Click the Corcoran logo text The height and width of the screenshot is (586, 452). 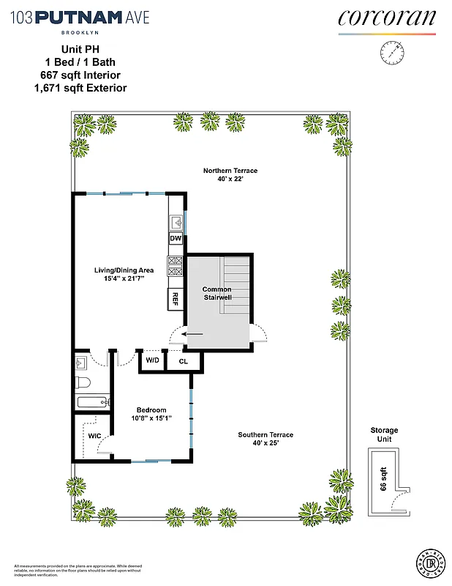click(x=387, y=18)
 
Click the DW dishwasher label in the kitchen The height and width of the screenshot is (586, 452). click(x=176, y=239)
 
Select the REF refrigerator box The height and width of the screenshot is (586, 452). click(x=176, y=297)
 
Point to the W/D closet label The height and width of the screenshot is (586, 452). click(x=152, y=360)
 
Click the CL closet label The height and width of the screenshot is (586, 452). click(x=183, y=360)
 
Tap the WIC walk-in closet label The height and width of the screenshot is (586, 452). click(x=94, y=436)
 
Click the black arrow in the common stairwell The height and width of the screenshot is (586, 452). click(x=193, y=334)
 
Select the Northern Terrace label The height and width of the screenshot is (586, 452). click(x=230, y=171)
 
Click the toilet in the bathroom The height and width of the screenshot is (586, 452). click(x=83, y=384)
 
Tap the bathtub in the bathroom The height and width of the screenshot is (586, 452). click(x=91, y=401)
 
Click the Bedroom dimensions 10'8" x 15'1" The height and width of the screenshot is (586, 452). click(x=151, y=419)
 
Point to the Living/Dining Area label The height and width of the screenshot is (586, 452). click(x=124, y=270)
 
